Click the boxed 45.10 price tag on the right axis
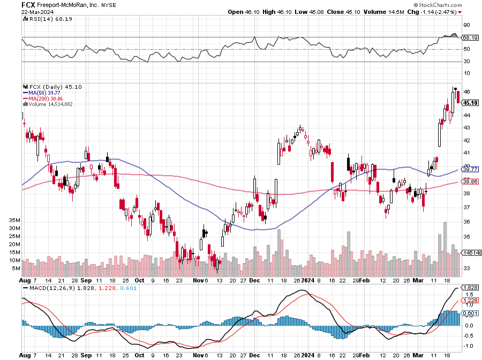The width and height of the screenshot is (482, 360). pos(470,102)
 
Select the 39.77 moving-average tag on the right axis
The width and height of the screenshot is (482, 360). pos(470,169)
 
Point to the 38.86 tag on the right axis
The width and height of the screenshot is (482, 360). pos(470,182)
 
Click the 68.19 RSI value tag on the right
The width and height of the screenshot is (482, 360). pos(470,38)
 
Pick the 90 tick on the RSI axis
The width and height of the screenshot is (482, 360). pos(466,25)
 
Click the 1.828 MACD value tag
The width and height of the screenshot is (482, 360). pos(470,288)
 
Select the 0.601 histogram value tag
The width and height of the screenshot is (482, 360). pos(470,313)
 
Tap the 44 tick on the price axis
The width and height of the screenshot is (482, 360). pos(466,115)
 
